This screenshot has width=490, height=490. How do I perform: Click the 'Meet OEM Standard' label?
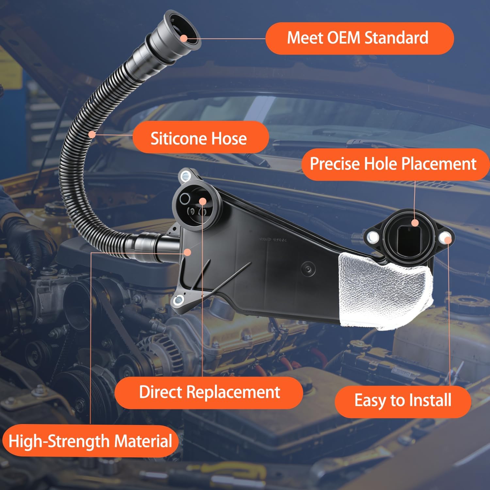[x=359, y=38]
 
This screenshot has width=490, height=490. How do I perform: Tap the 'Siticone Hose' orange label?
[x=200, y=138]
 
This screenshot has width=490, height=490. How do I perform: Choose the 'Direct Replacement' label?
[x=209, y=392]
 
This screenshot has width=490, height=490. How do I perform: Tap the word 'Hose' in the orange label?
[x=229, y=138]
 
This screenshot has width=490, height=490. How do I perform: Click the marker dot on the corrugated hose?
[x=92, y=134]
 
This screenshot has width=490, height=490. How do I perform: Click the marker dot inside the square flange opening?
[x=415, y=223]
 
